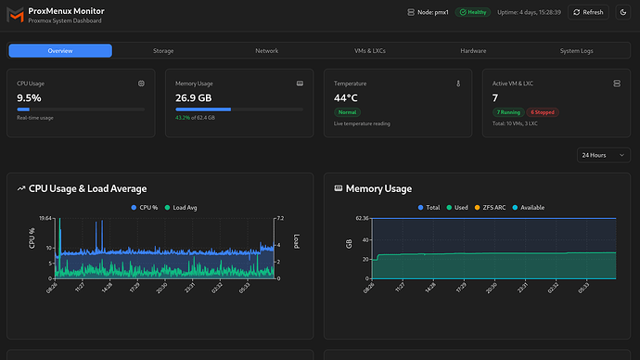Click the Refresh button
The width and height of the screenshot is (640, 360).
[x=587, y=12]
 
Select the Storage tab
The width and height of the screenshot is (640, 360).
[x=163, y=50]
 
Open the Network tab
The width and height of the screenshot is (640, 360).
[x=266, y=50]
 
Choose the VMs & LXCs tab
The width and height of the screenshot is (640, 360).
[x=369, y=50]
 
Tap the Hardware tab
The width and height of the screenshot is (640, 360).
[x=472, y=50]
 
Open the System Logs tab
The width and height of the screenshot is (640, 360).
[x=576, y=50]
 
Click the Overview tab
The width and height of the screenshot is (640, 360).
[x=60, y=50]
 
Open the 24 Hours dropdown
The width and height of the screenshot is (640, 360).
[x=603, y=155]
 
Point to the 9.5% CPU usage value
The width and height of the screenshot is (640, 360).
[x=29, y=96]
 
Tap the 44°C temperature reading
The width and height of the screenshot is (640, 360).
[x=346, y=96]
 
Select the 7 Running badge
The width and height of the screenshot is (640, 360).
[x=508, y=111]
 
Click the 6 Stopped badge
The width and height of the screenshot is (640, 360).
[x=543, y=111]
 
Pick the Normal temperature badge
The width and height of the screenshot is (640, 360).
[x=347, y=111]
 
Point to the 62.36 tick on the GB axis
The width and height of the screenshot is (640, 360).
[x=361, y=219]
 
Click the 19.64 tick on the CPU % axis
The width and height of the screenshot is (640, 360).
[x=45, y=219]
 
